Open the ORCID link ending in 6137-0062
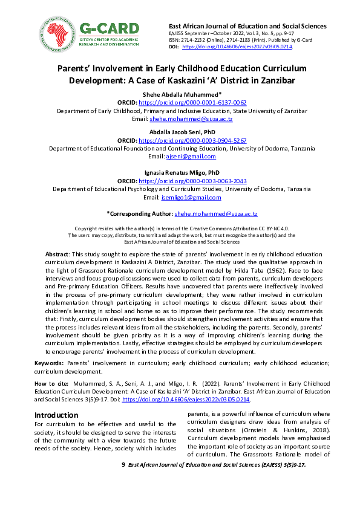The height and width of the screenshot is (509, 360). tap(192, 103)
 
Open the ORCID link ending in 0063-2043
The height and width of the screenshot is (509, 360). tap(192, 181)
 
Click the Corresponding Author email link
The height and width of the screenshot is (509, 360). tap(216, 214)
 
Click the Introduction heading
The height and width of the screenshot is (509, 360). tap(56, 415)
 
